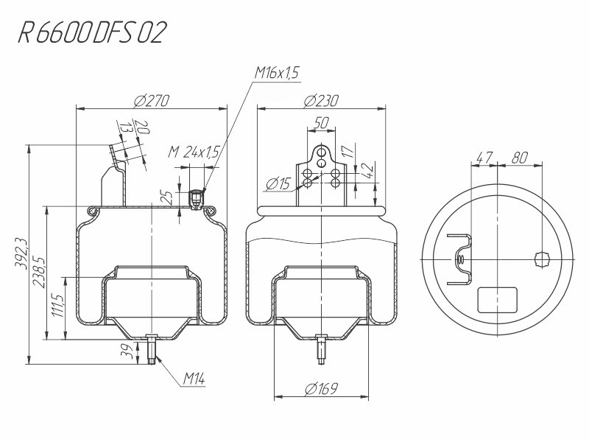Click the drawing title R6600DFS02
[x=92, y=32]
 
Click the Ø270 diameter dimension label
[x=152, y=101]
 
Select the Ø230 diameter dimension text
[x=321, y=101]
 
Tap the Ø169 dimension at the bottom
[x=321, y=388]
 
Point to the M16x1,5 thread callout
[x=277, y=72]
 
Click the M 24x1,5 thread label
[x=193, y=152]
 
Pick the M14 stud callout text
[x=194, y=379]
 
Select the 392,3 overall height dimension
[x=21, y=253]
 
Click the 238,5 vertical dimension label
[x=39, y=272]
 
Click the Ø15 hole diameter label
[x=278, y=184]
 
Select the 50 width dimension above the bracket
[x=321, y=122]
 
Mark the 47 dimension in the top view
[x=484, y=158]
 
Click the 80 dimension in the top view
[x=520, y=158]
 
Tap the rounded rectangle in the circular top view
[x=497, y=300]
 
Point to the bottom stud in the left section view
[x=152, y=348]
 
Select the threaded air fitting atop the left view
[x=195, y=199]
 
